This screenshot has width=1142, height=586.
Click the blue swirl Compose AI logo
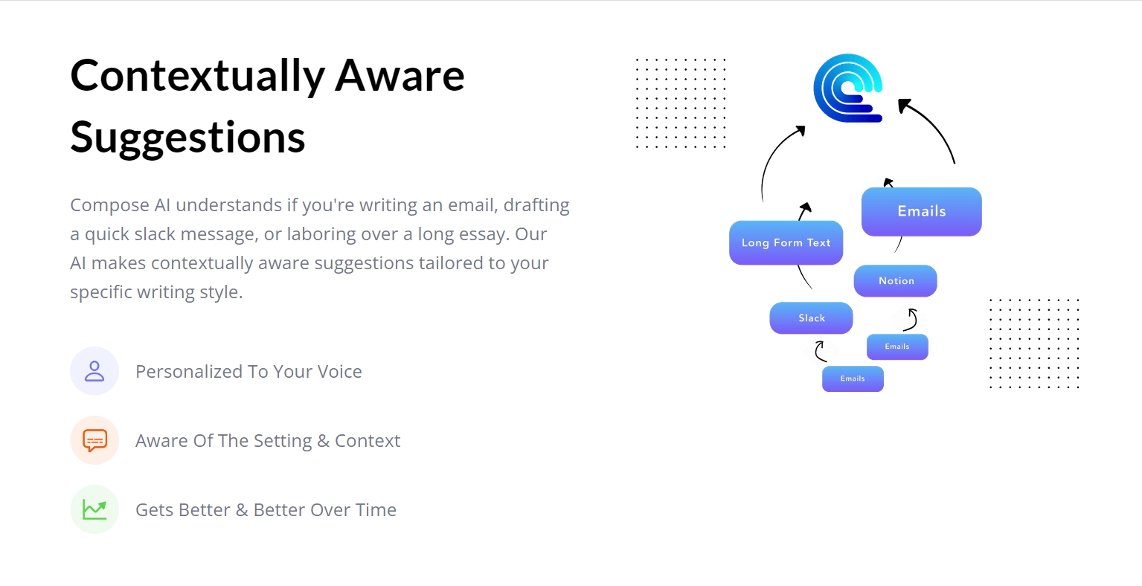tap(848, 88)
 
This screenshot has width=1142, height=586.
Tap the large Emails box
tap(921, 211)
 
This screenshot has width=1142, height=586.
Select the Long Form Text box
tap(786, 242)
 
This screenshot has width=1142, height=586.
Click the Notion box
tap(895, 281)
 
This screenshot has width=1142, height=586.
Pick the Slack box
tap(811, 318)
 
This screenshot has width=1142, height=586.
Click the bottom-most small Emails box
tap(853, 379)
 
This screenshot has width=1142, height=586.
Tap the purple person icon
tap(94, 371)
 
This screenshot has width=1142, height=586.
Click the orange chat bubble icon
tap(94, 440)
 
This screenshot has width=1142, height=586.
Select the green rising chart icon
tap(94, 509)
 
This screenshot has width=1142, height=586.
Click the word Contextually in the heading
tap(197, 77)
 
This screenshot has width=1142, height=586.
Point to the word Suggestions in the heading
tap(187, 138)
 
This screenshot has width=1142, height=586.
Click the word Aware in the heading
tap(400, 75)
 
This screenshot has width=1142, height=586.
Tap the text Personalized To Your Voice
tap(248, 372)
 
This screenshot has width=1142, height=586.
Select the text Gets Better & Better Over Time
tap(266, 509)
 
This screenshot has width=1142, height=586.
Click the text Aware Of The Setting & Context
tap(268, 441)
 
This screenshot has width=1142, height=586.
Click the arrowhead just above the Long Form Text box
tap(806, 207)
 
